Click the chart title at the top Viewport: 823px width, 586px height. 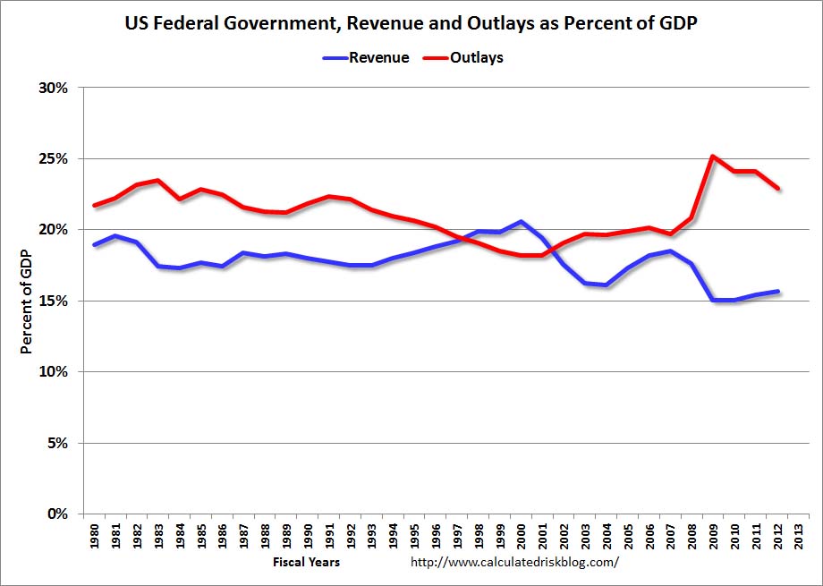[x=411, y=25]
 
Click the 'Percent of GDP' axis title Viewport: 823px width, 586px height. [x=27, y=301]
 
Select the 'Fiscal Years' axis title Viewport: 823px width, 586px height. [x=306, y=563]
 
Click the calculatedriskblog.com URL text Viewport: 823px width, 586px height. [x=514, y=563]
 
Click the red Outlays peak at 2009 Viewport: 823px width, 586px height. [x=712, y=157]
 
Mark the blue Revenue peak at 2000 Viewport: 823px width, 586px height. [x=521, y=221]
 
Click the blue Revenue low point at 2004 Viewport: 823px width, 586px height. [x=606, y=285]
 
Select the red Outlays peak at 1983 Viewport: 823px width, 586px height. [x=158, y=181]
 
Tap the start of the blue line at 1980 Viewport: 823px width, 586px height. [x=95, y=244]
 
